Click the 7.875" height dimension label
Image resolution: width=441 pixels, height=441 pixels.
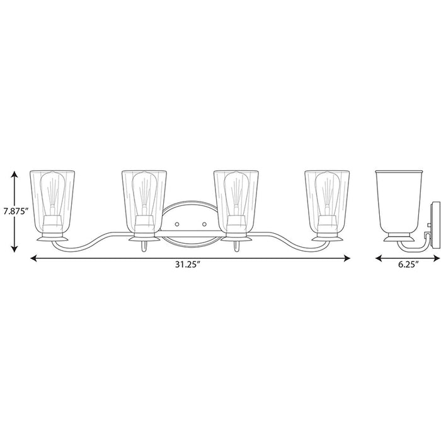(16, 211)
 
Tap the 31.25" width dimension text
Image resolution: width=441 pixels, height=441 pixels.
(187, 265)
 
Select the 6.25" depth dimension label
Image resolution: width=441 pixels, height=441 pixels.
(408, 265)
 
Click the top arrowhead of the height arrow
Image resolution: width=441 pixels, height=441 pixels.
(14, 175)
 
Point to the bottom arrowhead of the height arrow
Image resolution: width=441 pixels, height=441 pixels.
(14, 248)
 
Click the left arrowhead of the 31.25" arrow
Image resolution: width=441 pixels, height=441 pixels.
(34, 258)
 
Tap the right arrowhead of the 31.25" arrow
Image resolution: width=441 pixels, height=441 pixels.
(346, 258)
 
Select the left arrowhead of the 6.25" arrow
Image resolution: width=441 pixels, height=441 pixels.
(379, 258)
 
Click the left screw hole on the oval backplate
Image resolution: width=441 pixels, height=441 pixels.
(177, 224)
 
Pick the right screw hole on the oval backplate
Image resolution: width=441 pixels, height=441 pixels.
(205, 224)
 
